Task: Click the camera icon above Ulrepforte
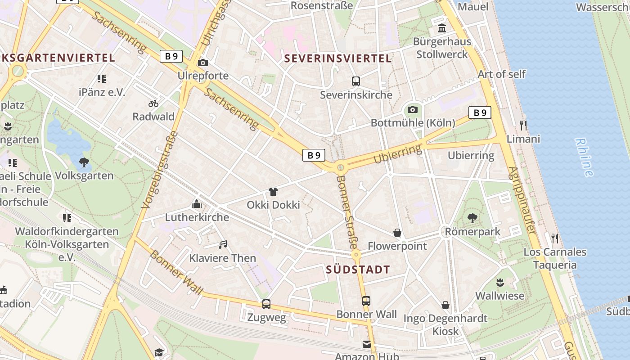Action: point(203,63)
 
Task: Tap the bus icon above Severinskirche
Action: point(355,81)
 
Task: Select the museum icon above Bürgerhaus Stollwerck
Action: point(442,28)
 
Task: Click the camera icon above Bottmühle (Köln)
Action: point(412,109)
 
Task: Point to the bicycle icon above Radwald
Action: point(153,103)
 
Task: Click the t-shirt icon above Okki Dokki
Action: point(273,192)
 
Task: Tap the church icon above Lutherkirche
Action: point(197,204)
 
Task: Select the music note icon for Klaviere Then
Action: point(222,245)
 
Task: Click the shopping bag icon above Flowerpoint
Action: point(397,233)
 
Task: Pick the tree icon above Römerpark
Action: point(472,218)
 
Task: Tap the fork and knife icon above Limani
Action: point(523,125)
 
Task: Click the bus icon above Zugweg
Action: point(266,304)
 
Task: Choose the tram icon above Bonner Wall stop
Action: point(366,301)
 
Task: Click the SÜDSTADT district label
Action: point(358,270)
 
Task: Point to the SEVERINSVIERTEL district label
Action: point(338,58)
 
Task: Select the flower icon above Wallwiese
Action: point(499,283)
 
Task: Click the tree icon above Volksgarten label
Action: point(84,162)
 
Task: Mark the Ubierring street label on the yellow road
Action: point(398,155)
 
